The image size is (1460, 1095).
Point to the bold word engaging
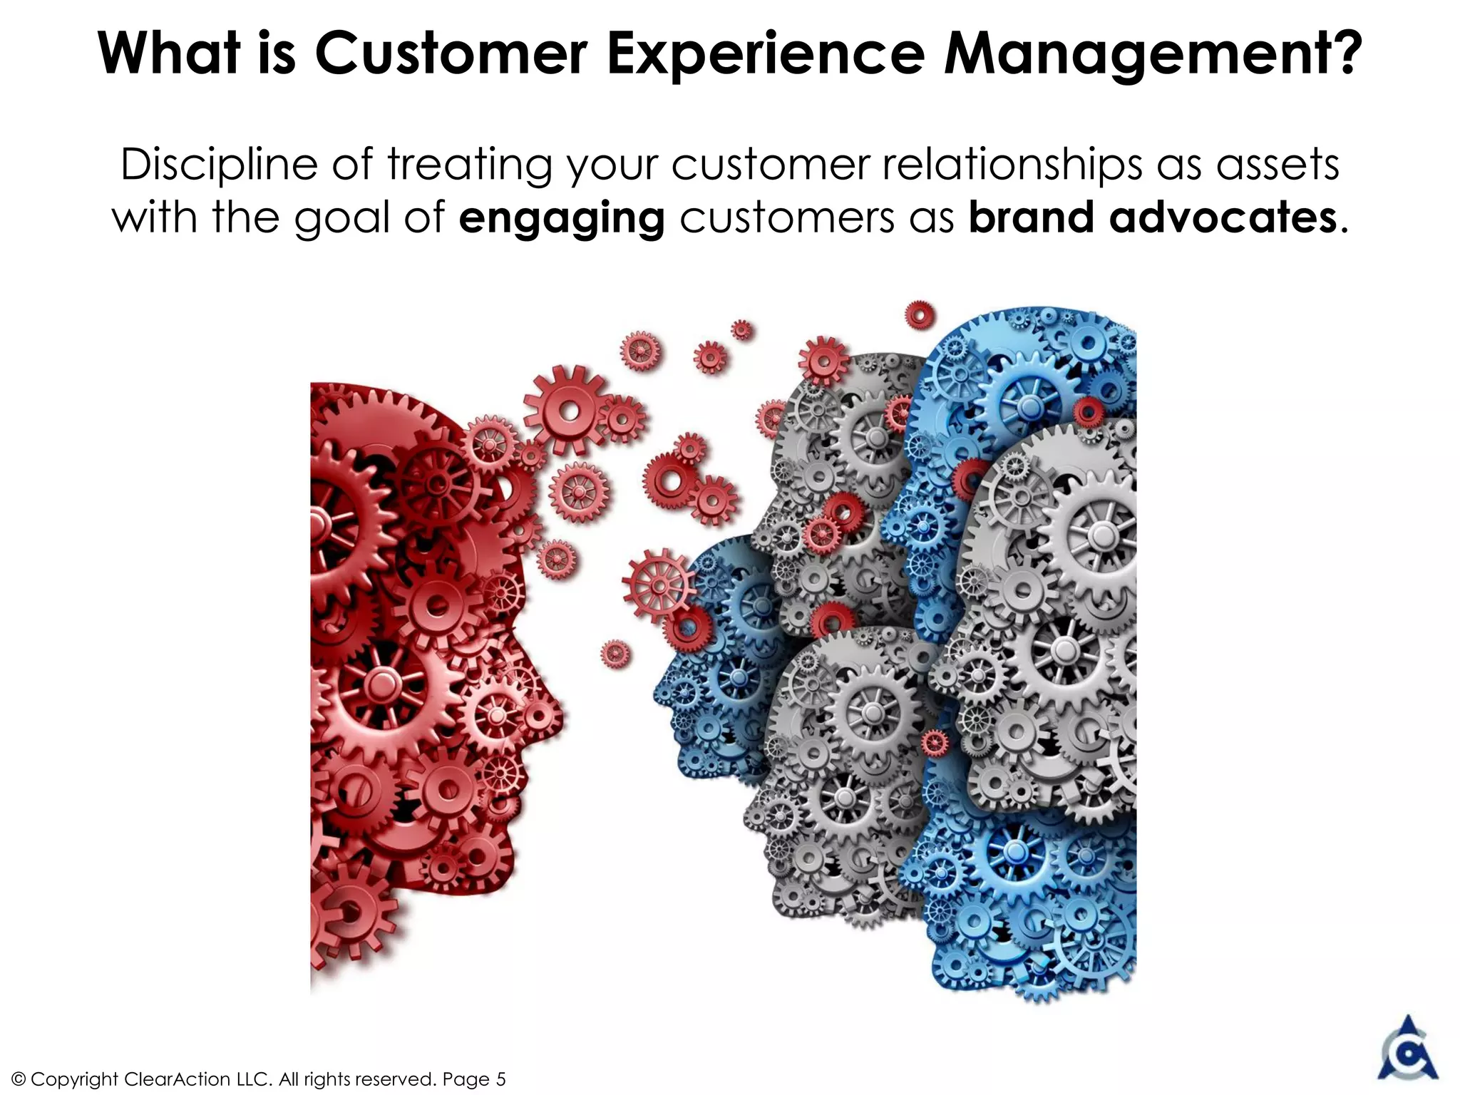(x=562, y=218)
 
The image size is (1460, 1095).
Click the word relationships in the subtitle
(x=1012, y=165)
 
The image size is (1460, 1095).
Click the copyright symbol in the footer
(x=19, y=1079)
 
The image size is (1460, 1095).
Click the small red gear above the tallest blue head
(x=920, y=314)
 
